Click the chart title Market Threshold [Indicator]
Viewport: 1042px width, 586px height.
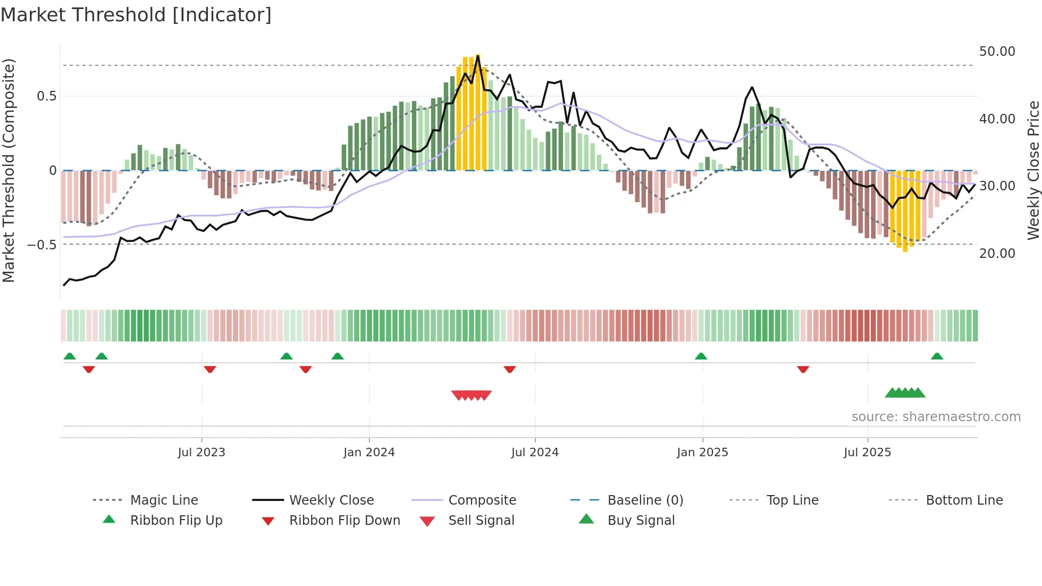coord(136,15)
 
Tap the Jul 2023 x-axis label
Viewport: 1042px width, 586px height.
coord(201,453)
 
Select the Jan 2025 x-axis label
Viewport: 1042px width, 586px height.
coord(702,453)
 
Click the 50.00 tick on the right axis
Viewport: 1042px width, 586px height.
coord(997,52)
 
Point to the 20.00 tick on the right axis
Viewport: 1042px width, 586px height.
coord(997,254)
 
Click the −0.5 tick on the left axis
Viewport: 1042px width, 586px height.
coord(42,245)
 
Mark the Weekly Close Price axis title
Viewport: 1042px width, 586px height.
coord(1033,170)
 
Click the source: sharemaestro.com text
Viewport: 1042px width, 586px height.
coord(936,417)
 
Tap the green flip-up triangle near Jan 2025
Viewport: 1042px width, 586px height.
coord(701,356)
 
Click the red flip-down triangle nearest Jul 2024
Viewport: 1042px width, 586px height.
coord(510,369)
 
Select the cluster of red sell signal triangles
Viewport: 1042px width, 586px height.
coord(471,395)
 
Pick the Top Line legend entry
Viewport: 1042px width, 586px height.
coord(792,500)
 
